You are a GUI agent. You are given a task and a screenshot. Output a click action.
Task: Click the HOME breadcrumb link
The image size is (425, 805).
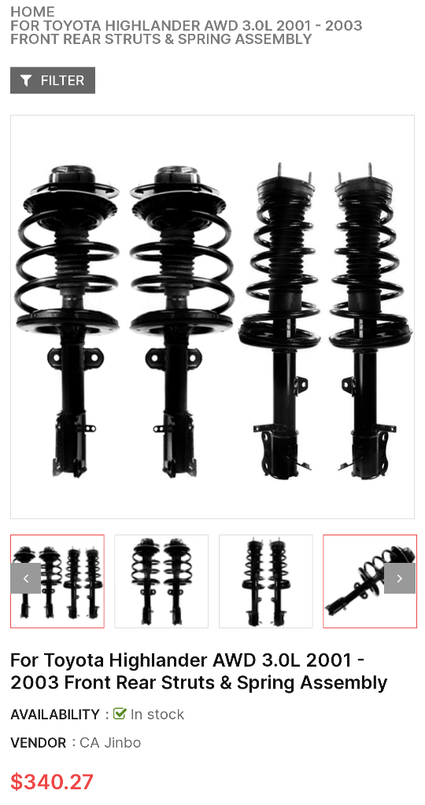(32, 12)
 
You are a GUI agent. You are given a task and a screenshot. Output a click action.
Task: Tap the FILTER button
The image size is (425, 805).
(53, 80)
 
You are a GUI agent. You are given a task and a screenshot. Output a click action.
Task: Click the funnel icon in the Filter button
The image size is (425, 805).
(27, 80)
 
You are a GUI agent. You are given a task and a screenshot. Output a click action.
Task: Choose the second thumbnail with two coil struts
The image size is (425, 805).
(161, 582)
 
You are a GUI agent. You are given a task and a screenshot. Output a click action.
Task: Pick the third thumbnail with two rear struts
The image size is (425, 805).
(265, 582)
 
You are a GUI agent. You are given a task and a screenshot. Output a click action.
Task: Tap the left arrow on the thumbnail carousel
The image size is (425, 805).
(26, 579)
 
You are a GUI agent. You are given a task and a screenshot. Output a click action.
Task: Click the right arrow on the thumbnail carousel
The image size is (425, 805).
(399, 579)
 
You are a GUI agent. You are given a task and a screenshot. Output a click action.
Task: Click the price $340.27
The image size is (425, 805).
(52, 782)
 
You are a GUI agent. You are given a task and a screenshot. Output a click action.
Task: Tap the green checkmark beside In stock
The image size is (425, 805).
(120, 714)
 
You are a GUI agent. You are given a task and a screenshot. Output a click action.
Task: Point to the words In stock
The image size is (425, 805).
(157, 715)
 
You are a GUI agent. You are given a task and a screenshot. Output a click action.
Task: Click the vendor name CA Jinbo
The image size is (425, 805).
(110, 743)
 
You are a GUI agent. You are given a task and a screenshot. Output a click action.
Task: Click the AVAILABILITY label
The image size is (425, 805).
(54, 715)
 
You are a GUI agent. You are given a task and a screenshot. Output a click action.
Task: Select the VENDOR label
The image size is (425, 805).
(39, 743)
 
